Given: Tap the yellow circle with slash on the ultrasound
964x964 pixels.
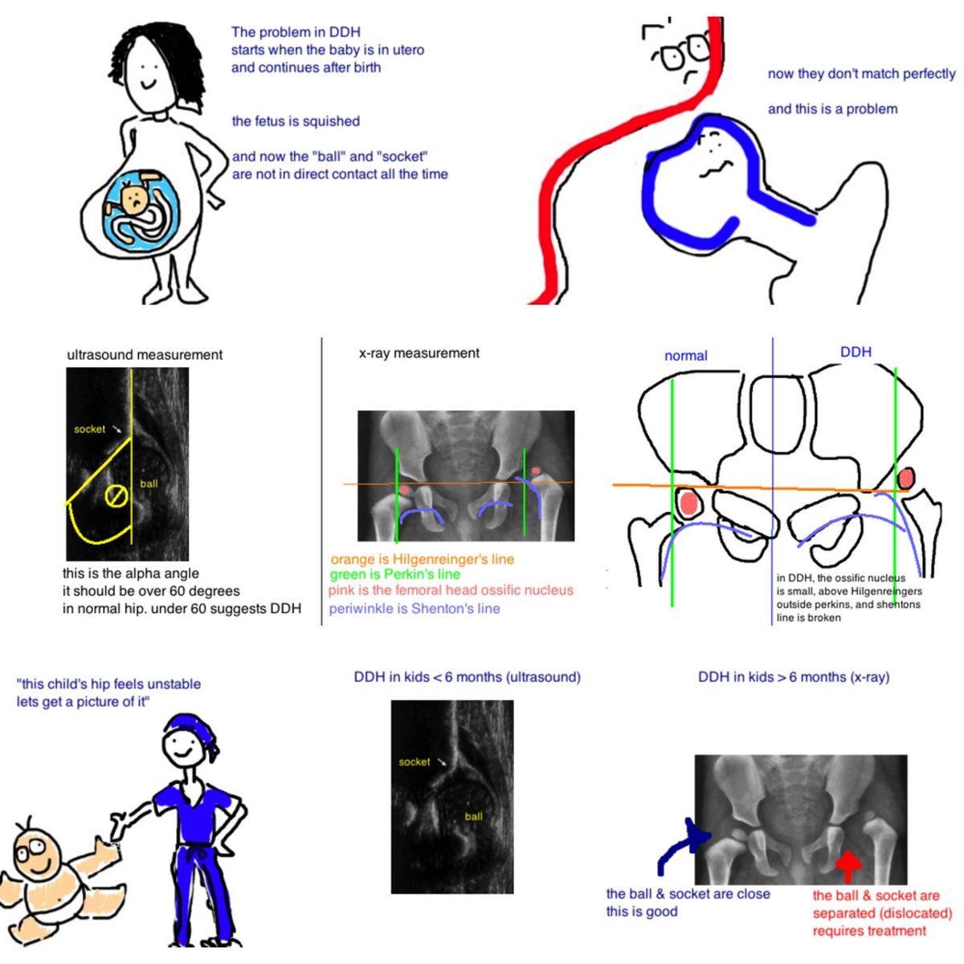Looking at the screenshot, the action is [116, 496].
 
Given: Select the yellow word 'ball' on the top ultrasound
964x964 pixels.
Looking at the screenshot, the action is [149, 484].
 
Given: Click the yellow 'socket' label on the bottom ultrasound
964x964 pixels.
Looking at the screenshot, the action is [415, 762].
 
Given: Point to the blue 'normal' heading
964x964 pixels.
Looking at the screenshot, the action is [685, 356].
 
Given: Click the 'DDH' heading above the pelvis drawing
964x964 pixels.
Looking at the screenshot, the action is [856, 352].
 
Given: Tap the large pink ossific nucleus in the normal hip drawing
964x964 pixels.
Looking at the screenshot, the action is [688, 504].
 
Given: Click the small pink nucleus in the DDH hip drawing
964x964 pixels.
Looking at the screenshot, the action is [905, 478].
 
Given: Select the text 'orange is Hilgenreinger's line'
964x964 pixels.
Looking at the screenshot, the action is [422, 559].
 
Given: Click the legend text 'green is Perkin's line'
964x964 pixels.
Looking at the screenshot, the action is [394, 574].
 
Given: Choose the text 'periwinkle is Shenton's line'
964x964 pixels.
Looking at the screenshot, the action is [414, 609].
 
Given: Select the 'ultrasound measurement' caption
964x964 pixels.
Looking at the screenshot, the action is [145, 355].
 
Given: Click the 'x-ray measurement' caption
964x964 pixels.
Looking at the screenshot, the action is [419, 353].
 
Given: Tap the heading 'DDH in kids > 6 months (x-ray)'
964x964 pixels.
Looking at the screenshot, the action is [793, 677].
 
